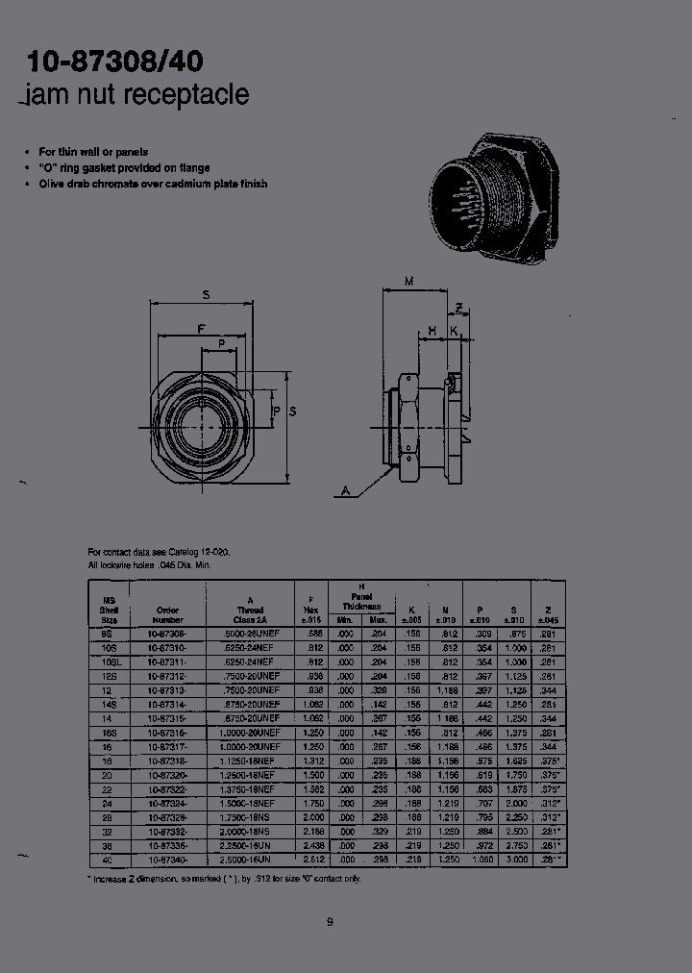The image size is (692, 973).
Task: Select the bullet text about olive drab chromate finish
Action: tap(152, 184)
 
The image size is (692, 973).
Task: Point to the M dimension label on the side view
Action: tap(409, 281)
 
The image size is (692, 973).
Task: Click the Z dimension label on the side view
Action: tap(460, 308)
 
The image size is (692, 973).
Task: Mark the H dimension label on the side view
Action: tap(432, 330)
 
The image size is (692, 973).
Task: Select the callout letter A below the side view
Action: tap(343, 490)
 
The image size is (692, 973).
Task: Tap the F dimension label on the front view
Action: tap(201, 330)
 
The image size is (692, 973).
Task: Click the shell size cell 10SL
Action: tap(109, 662)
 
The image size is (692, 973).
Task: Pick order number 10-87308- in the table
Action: tap(167, 636)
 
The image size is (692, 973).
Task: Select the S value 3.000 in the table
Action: tap(516, 859)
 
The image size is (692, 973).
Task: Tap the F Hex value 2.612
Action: tap(310, 859)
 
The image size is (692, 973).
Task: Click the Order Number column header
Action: tap(167, 615)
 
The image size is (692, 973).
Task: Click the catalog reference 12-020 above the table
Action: tap(212, 552)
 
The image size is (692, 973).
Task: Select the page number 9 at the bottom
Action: tap(329, 923)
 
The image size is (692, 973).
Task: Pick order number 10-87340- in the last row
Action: tap(167, 859)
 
